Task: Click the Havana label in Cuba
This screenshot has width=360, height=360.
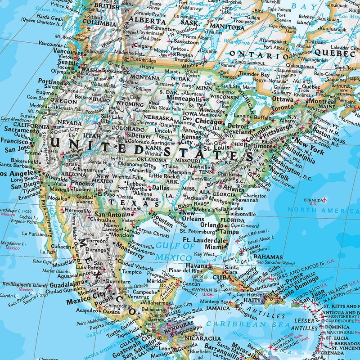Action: coord(197,266)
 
